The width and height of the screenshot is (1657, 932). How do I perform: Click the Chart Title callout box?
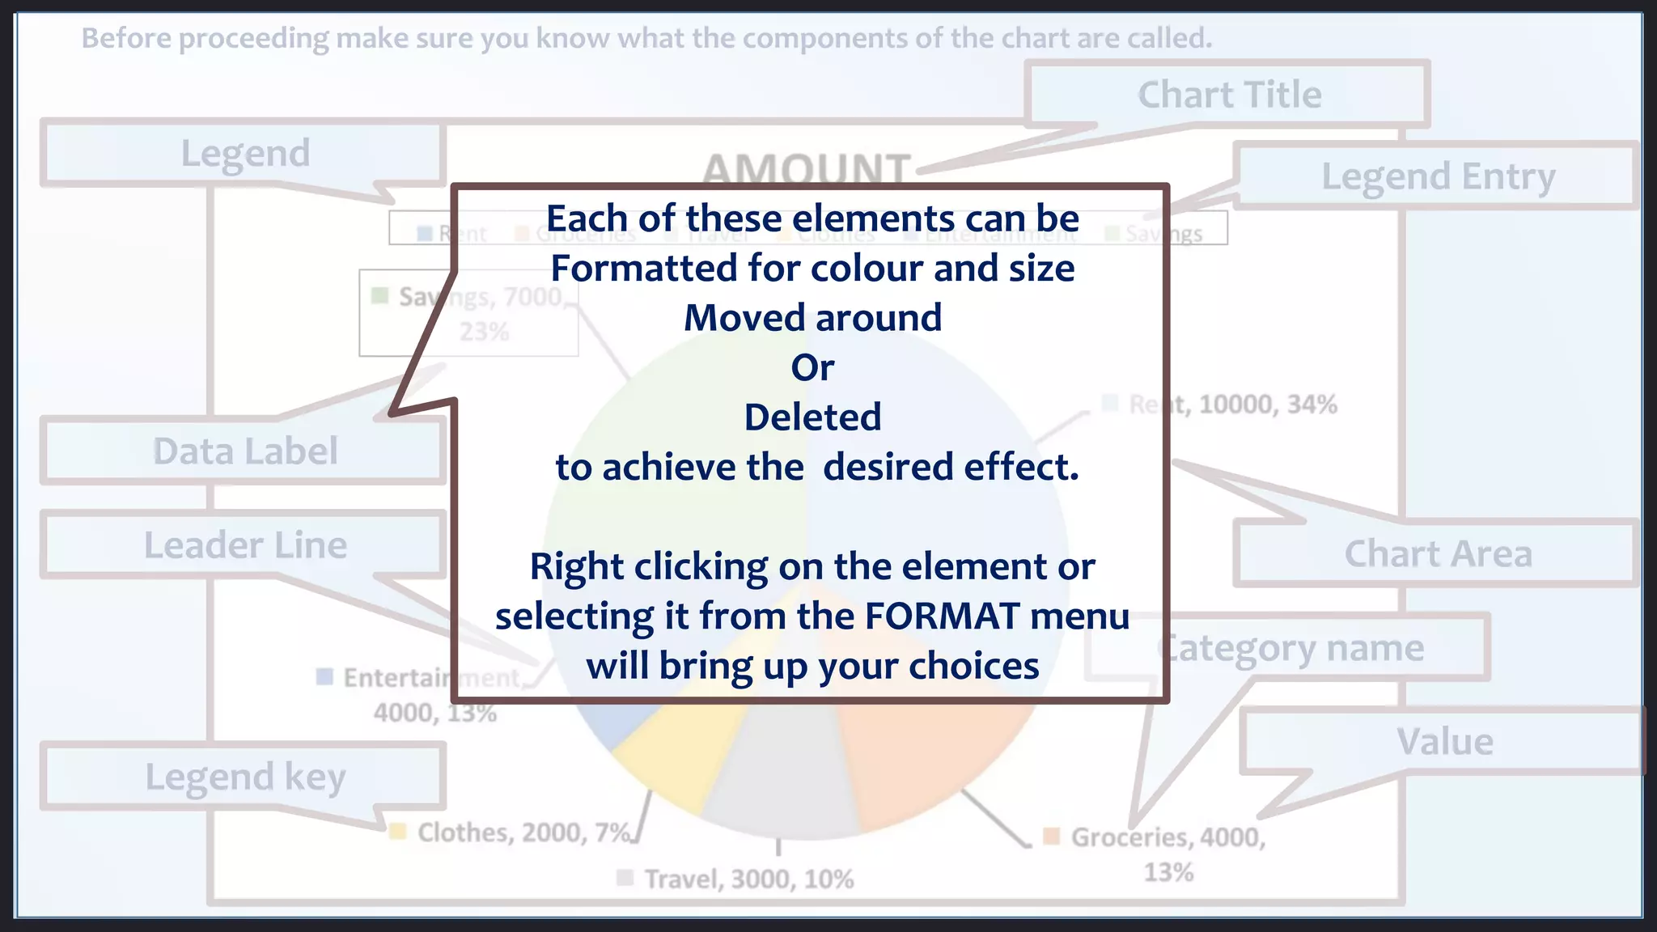pos(1228,95)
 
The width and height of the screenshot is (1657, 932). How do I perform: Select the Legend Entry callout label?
pos(1437,176)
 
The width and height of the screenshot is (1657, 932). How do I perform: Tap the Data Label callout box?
pos(244,451)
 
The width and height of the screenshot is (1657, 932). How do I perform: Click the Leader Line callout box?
pos(244,544)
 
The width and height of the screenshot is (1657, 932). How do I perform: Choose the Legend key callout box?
pos(244,777)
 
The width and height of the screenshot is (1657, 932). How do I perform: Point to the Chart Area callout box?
pos(1437,554)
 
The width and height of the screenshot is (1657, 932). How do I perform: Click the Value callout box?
pos(1443,742)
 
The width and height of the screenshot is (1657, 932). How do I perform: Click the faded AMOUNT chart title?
pos(806,167)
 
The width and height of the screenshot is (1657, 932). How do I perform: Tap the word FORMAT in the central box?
pos(941,616)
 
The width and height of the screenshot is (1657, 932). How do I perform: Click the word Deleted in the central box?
pos(812,417)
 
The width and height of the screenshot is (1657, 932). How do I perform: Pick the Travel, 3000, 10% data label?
pos(748,879)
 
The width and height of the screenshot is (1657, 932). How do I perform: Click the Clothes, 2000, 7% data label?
pos(523,832)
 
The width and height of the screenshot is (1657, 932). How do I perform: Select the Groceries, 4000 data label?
pos(1168,837)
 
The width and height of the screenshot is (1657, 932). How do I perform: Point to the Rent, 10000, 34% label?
pos(1232,404)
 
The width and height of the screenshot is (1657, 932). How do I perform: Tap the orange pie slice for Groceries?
pos(922,760)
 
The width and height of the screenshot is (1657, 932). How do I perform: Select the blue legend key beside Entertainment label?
pos(324,676)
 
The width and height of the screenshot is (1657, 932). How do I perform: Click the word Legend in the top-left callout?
pos(244,154)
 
